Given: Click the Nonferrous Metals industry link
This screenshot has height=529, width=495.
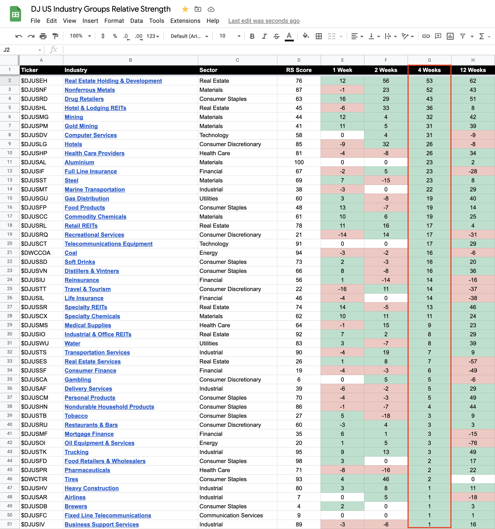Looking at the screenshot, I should tap(90, 90).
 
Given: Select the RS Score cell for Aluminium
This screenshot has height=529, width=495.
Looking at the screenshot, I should tap(299, 162).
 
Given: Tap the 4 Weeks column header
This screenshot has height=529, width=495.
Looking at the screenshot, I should tap(429, 70).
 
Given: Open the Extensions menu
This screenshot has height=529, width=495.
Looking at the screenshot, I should tap(185, 21).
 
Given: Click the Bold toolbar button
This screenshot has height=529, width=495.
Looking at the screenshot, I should tap(252, 36).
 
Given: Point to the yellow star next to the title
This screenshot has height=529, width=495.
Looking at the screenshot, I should tap(185, 9).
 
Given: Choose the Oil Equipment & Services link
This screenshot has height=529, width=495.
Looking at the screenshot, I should tap(100, 443).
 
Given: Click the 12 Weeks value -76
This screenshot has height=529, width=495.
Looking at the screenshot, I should tap(473, 443).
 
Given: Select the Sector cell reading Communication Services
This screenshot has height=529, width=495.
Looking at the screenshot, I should tap(231, 515).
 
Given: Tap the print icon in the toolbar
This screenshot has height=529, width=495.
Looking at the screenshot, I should tap(43, 36).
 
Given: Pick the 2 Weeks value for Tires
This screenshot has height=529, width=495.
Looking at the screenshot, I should tap(386, 479).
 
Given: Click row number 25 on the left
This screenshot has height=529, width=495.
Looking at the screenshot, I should tap(9, 289).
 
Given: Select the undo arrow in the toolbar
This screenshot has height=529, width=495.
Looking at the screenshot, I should tap(19, 36).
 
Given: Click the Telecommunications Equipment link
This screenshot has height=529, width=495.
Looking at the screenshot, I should tap(109, 244).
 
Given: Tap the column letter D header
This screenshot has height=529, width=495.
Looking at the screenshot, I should tap(299, 60).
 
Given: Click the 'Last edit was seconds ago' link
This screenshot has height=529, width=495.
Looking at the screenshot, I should tap(264, 21).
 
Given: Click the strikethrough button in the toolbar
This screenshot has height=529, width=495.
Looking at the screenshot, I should tap(277, 36).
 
